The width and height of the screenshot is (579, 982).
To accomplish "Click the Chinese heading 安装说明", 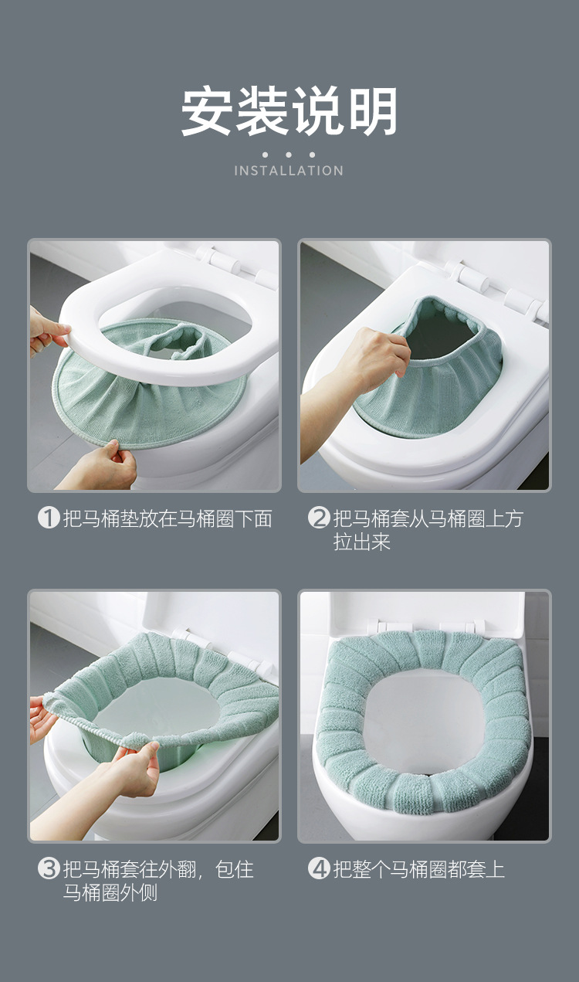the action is (x=289, y=110).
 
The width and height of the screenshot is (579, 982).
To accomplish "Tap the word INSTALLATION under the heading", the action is (x=289, y=171).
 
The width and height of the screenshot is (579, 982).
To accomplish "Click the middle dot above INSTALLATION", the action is (x=289, y=155).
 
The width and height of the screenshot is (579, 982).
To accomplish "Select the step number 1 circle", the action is (x=49, y=518).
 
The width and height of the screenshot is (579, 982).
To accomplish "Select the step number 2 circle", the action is (x=319, y=518).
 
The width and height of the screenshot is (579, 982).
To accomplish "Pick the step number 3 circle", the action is (x=49, y=868).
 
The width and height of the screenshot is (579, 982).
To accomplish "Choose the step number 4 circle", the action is (x=319, y=868).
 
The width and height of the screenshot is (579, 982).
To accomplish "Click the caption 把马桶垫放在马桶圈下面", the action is (x=168, y=518).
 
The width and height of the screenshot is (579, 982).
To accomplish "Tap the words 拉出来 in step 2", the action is (x=362, y=542).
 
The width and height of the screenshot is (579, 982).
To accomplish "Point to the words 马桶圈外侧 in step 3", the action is (x=110, y=892).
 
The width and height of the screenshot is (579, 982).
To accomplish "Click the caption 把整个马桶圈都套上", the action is (x=419, y=869).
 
